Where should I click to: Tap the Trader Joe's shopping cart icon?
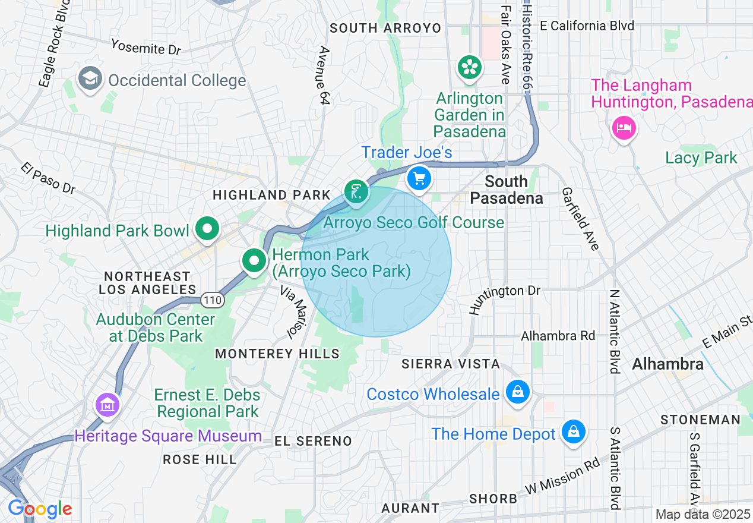coord(419,178)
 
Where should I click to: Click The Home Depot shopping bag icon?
coord(574,432)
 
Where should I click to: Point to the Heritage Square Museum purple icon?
coord(107,406)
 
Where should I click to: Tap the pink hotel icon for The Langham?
coord(624,128)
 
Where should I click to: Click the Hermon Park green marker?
coord(254,260)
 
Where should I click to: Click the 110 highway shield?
coord(212,300)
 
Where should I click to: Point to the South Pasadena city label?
coord(507,190)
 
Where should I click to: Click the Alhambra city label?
coord(667,364)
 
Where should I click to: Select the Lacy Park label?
coord(701,158)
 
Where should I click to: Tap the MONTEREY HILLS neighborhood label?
coord(277,354)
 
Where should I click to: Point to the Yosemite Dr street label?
coord(146,47)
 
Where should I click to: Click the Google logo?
coord(40,509)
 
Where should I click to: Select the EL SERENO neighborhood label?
coord(314,441)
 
